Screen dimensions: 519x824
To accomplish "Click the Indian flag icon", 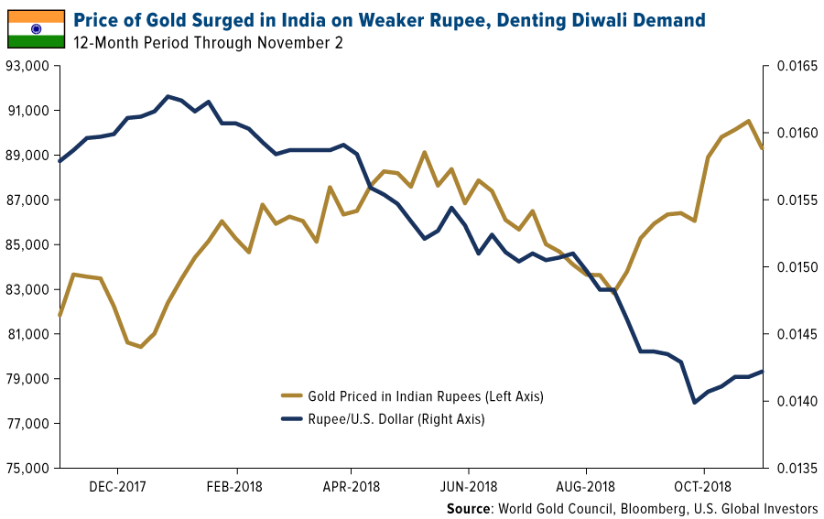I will pos(37,28).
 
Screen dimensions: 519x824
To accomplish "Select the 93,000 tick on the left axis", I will pos(27,67).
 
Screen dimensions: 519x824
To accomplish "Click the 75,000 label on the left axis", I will pos(27,469).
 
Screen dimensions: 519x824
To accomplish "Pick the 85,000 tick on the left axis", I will pos(27,245).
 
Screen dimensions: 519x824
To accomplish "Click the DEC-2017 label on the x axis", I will pos(119,487).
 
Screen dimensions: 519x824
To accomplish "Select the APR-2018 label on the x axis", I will pos(352,487).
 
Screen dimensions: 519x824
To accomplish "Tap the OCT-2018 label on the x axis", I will pos(702,487).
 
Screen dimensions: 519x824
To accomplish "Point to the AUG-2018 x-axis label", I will pos(586,487).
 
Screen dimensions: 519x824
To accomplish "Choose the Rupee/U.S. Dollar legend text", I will pos(396,419).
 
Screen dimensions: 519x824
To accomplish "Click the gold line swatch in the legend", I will pos(293,396).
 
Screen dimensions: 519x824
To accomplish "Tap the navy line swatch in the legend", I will pos(293,419).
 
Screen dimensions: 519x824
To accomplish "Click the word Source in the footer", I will pos(469,508).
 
